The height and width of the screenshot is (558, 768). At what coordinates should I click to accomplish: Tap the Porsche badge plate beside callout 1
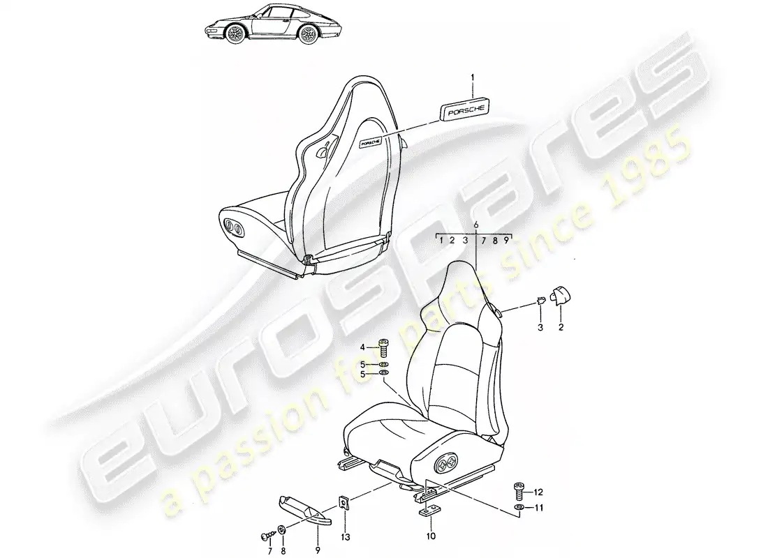(464, 111)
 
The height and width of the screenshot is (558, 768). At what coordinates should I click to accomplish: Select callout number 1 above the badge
(473, 77)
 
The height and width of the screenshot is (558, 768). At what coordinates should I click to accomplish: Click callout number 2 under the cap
(561, 327)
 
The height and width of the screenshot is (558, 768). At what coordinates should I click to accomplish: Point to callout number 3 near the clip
(540, 327)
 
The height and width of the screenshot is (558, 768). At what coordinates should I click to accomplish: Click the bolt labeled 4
(385, 351)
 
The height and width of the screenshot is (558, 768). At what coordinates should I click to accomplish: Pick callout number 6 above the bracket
(475, 225)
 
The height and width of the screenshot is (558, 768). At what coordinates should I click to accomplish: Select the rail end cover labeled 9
(305, 510)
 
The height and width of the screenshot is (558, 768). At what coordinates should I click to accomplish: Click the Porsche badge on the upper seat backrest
(370, 142)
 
